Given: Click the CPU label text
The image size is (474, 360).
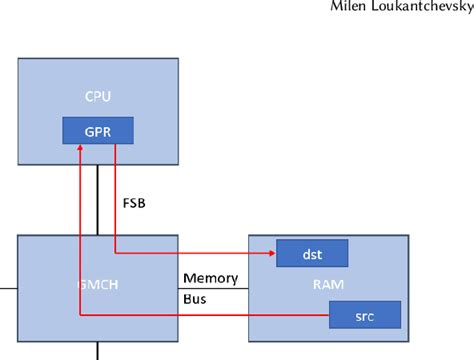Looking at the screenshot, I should [98, 97].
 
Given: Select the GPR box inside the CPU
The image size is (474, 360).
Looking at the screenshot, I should [98, 130].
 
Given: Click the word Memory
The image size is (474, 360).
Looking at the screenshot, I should [210, 278].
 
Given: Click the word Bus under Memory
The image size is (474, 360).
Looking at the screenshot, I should [194, 297].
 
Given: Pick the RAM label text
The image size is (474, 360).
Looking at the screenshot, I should [328, 283].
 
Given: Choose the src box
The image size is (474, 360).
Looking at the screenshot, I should [364, 317].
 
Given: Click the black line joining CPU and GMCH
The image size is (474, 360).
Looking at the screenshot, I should [98, 200].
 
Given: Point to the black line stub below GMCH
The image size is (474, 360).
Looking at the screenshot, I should [98, 350].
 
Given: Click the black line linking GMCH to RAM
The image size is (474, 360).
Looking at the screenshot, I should [212, 288].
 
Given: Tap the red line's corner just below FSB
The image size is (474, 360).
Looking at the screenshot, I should [116, 253].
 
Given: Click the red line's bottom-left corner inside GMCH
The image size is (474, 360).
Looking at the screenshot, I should [79, 317].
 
